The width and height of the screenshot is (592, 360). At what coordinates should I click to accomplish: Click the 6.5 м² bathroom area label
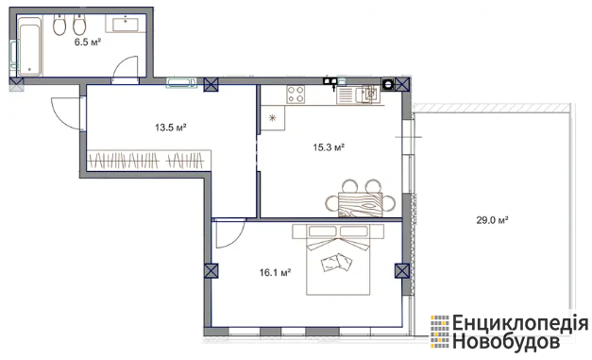[x=88, y=42]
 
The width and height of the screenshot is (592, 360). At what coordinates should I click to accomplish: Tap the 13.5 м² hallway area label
[x=171, y=128]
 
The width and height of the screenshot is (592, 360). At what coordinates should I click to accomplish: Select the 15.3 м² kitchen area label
[x=329, y=147]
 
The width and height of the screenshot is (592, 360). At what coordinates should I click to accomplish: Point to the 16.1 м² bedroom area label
[x=275, y=272]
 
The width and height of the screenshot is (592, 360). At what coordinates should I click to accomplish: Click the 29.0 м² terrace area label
[x=492, y=220]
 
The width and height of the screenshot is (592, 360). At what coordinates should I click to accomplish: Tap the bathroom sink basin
[x=126, y=24]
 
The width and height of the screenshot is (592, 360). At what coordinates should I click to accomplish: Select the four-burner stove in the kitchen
[x=296, y=94]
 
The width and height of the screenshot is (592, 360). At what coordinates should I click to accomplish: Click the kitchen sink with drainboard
[x=358, y=94]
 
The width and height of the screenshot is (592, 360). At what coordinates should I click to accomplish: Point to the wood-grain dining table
[x=360, y=204]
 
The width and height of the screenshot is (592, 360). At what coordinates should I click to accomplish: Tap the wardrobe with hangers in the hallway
[x=149, y=161]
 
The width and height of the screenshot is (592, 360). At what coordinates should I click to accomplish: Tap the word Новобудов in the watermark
[x=506, y=342]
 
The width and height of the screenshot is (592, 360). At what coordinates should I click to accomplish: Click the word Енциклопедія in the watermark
[x=520, y=323]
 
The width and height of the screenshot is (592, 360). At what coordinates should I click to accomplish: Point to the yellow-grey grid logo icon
[x=440, y=332]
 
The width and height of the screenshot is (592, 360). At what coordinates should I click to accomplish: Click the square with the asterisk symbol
[x=273, y=118]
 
